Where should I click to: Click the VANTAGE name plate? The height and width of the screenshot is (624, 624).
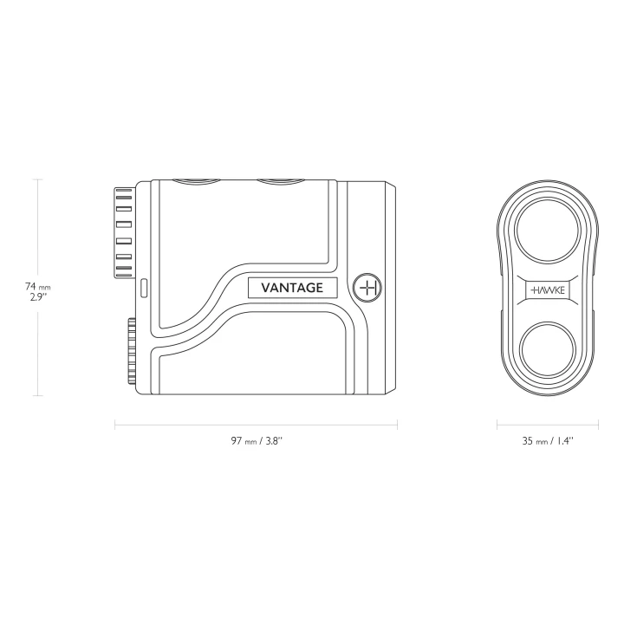(x=293, y=288)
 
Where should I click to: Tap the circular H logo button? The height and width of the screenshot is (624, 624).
(x=367, y=288)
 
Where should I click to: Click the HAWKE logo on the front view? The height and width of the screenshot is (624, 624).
(x=548, y=290)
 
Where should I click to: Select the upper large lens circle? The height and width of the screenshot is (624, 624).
(x=547, y=230)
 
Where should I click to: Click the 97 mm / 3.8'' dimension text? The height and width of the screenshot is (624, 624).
(x=257, y=440)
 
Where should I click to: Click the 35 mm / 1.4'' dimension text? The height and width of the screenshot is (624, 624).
(x=548, y=440)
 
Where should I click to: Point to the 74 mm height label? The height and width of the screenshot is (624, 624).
(x=38, y=286)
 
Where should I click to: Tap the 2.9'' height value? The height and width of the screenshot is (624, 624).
(x=38, y=297)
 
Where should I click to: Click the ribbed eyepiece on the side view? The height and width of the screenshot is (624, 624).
(x=124, y=233)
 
